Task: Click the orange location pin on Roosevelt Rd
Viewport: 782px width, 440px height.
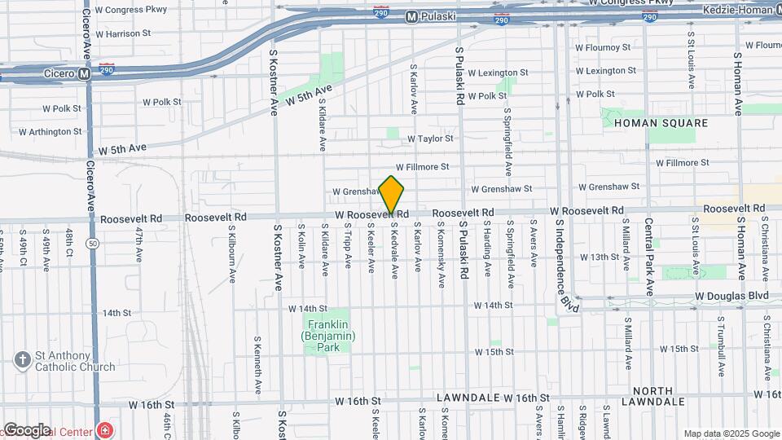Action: (392, 194)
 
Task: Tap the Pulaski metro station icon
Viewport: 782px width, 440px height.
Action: (411, 15)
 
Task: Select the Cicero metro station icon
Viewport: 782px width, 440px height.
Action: (84, 73)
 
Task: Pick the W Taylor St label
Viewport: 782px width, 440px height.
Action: (430, 139)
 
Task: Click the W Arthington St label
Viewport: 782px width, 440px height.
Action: (51, 131)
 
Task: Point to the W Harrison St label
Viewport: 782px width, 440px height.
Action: (123, 34)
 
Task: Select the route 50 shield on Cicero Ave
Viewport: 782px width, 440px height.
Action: (94, 244)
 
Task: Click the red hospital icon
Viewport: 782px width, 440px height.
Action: (103, 429)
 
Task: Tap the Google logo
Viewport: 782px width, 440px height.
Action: (27, 429)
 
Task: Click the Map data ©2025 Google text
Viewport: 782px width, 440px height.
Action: (731, 433)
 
